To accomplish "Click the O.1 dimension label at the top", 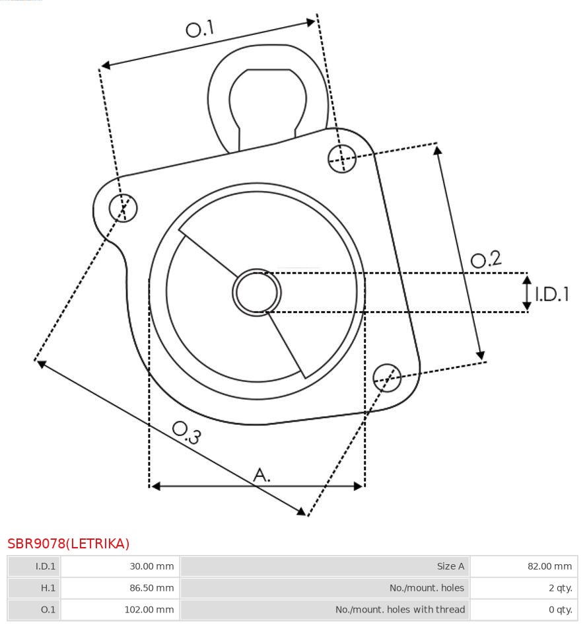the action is pos(200,28).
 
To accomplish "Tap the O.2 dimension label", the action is pos(485,259).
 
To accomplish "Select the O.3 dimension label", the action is pos(186,433).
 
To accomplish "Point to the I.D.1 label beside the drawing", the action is pos(551,294).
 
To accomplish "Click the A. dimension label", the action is pos(261,475).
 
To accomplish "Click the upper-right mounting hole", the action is pos(342,159).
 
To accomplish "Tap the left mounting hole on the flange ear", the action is pos(123,208).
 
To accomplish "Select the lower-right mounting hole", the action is pos(387,377).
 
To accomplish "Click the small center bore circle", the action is pos(257,293).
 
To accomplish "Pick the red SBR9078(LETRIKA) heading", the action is pos(69,544).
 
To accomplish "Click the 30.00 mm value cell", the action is pos(152,566).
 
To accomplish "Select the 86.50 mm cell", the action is pos(152,588).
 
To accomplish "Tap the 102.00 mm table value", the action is pos(149,610).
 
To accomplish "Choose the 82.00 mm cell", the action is pos(549,566).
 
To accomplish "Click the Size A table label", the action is pos(450,566).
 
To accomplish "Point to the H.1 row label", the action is pos(48,588).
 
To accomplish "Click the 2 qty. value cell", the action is pos(561,588).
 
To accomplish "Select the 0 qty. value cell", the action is pos(561,610).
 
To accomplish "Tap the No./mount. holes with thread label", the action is pos(400,610).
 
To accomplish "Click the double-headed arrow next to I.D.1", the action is pos(527,293).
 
